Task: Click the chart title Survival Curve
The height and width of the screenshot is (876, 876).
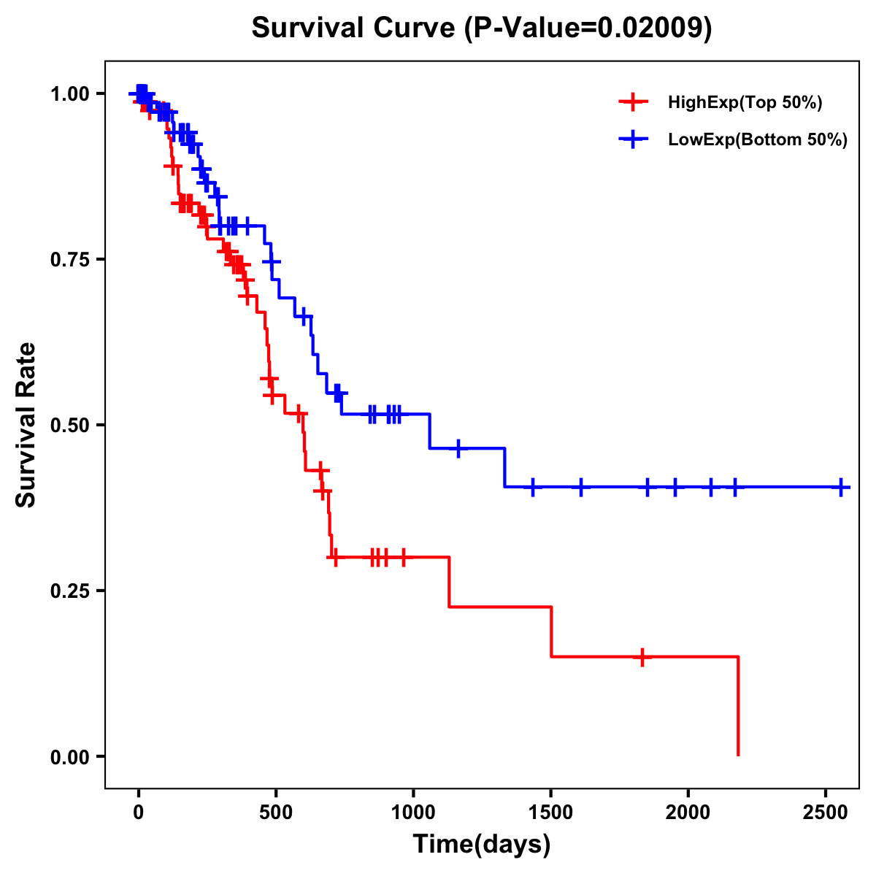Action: click(x=355, y=28)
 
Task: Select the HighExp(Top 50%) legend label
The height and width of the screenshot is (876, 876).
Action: click(x=745, y=102)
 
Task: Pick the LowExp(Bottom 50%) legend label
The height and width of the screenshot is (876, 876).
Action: click(x=758, y=140)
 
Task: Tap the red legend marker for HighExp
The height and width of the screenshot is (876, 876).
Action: click(x=633, y=102)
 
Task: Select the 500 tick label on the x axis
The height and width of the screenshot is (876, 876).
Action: click(x=276, y=814)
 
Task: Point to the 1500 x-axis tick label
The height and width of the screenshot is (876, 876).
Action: click(x=550, y=814)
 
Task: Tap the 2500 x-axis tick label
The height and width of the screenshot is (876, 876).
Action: click(x=826, y=814)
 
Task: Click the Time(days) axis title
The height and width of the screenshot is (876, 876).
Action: click(x=482, y=845)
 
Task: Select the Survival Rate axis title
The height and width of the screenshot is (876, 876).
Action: click(x=26, y=425)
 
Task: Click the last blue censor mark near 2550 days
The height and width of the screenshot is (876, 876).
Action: click(x=841, y=487)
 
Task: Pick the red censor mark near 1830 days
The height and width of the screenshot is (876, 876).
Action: click(x=642, y=657)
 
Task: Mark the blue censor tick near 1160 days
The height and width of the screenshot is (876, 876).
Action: click(x=458, y=448)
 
